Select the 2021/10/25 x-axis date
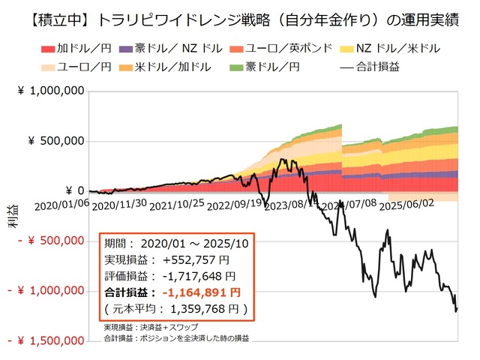[x=176, y=203]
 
